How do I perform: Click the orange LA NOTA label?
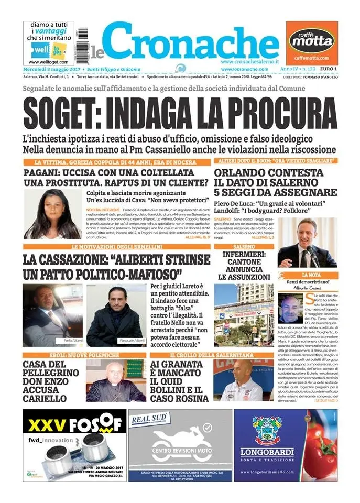pyautogui.click(x=308, y=275)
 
